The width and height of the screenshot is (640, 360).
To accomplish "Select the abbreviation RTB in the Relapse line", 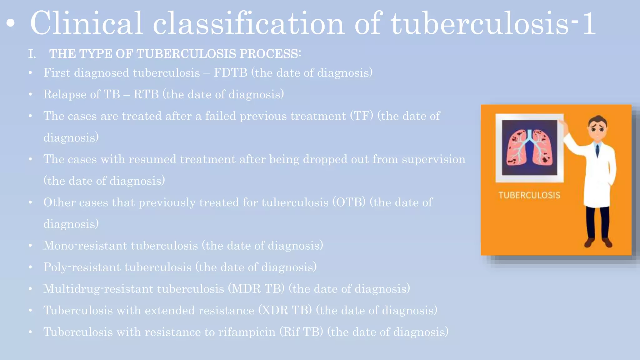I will tap(146, 94).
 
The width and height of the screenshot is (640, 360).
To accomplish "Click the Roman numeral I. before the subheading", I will tap(32, 54).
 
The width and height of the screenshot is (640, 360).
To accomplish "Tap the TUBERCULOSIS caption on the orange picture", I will tap(529, 195).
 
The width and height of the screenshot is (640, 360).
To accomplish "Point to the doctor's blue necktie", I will tap(597, 150).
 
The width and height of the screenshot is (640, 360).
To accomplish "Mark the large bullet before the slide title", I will tap(11, 24).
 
